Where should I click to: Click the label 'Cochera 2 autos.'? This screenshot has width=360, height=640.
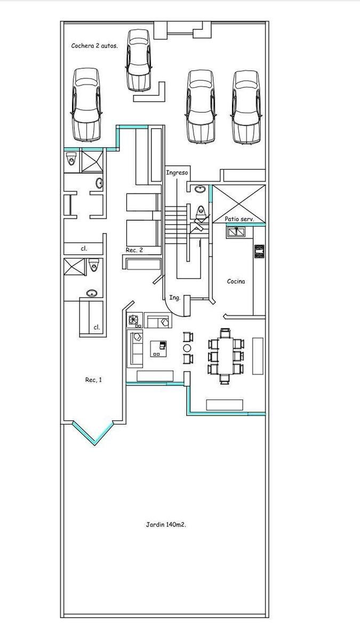[94, 46]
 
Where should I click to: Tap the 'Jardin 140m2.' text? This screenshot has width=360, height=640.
[166, 524]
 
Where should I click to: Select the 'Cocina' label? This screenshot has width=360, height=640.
[236, 282]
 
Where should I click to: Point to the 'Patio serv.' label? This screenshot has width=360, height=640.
[239, 219]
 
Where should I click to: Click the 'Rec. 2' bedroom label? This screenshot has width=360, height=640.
[134, 250]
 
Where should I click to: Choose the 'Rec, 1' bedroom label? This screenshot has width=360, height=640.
[93, 380]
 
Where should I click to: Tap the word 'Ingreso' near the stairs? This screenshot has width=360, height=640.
[177, 173]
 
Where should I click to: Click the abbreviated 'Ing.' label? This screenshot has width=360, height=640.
[175, 298]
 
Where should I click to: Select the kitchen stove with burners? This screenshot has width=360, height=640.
[259, 251]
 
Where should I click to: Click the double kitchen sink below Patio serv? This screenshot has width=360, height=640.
[236, 233]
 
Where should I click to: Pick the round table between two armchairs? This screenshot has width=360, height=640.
[187, 348]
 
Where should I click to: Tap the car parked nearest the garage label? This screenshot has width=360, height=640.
[86, 105]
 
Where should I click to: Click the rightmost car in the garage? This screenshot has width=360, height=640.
[246, 107]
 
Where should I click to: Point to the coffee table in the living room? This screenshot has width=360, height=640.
[158, 349]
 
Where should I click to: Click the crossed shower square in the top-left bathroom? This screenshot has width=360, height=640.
[92, 162]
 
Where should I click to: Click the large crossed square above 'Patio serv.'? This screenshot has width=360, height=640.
[239, 204]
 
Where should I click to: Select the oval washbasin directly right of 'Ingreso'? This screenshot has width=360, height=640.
[200, 189]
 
